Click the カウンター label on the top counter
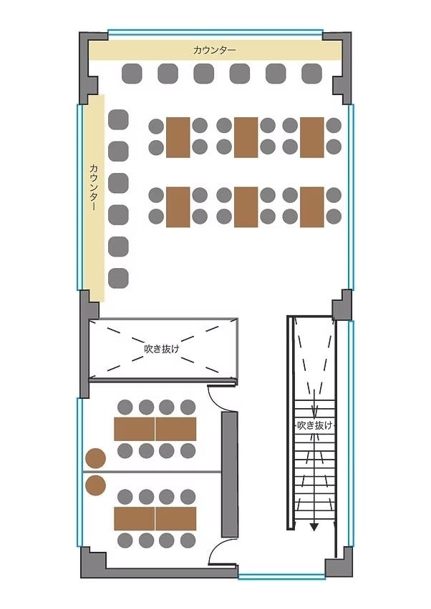pos(214,50)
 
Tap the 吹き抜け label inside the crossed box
pos(161,350)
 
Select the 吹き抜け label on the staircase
pos(314,425)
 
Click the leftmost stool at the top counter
pos(132,73)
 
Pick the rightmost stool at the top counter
pos(311,73)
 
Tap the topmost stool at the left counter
pos(118,119)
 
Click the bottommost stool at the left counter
pos(118,277)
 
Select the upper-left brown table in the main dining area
pos(178,137)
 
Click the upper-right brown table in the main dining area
pos(311,137)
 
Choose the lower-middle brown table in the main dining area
pos(246,207)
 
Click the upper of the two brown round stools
pos(95,457)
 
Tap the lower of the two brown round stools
pos(95,486)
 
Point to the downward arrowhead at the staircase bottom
pos(314,527)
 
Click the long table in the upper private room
pos(155,429)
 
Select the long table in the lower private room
pos(155,518)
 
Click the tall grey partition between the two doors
pos(230,475)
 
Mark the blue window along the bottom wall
pos(281,575)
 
